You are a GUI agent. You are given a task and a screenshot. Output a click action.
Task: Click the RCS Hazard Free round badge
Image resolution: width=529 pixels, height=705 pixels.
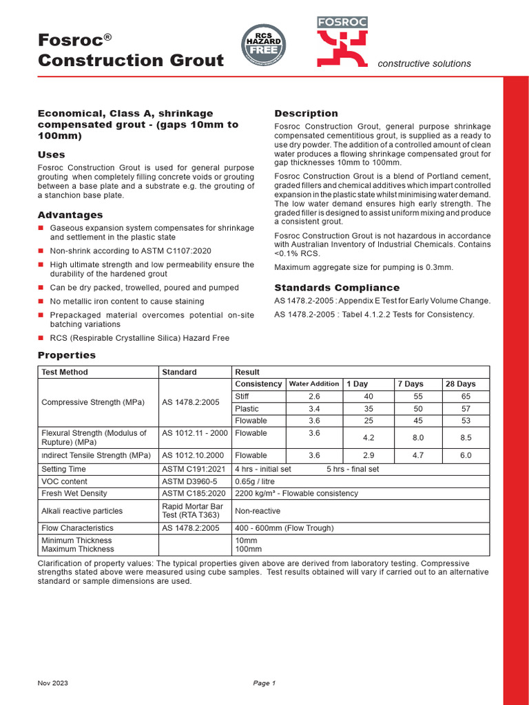(x=264, y=46)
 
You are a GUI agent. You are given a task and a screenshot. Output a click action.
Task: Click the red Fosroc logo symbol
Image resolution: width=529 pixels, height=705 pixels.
(x=342, y=48)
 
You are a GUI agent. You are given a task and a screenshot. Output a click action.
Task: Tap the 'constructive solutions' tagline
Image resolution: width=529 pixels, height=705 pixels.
(x=424, y=64)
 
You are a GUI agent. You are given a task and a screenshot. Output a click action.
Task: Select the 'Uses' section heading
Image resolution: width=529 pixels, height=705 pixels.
(x=52, y=155)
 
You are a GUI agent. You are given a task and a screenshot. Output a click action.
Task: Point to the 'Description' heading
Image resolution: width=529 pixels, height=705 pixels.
(x=306, y=114)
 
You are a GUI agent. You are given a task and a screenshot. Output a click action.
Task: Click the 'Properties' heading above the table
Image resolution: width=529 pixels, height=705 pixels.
(x=66, y=355)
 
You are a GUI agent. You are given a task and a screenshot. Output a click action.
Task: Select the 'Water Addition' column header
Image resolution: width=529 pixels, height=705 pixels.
(x=313, y=384)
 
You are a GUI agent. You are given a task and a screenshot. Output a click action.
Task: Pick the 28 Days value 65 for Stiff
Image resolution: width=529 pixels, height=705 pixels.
(x=466, y=397)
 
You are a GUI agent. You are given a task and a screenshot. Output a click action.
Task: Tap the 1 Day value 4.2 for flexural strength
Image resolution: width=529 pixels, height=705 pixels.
(x=368, y=437)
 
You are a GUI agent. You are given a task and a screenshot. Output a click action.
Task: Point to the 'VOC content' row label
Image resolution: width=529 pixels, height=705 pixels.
(x=65, y=482)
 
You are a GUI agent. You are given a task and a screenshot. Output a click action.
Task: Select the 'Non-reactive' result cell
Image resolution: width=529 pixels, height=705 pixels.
(x=258, y=512)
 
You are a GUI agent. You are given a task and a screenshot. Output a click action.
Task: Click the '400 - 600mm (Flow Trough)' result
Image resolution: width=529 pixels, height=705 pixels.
(x=284, y=528)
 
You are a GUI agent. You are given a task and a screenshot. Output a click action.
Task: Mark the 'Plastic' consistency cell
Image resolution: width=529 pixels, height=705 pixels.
(x=247, y=409)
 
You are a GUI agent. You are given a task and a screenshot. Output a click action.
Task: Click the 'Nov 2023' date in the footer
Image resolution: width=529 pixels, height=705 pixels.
(x=53, y=683)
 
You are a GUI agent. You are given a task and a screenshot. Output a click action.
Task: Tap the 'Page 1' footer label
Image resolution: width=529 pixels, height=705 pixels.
(x=264, y=683)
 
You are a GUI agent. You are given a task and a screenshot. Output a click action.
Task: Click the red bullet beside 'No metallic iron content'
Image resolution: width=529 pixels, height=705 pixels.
(x=41, y=302)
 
